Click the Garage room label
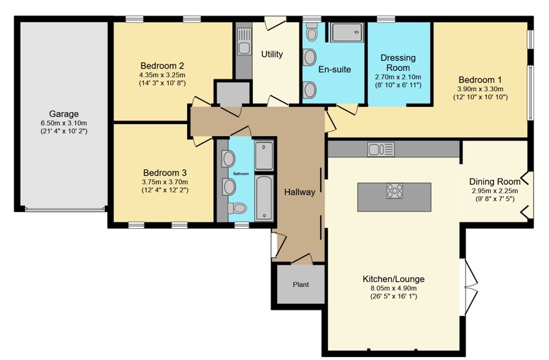tap(64, 113)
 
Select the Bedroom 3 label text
tap(165, 172)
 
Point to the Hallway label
tap(300, 192)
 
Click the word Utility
tap(273, 54)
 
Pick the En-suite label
tap(334, 69)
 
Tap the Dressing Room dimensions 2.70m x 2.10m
tap(397, 77)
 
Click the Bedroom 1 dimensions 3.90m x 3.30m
tap(480, 89)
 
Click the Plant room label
tap(300, 284)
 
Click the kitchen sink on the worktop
tap(380, 149)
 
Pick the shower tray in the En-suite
tap(346, 33)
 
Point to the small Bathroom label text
tap(242, 173)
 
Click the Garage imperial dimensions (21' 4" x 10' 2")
tap(64, 131)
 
